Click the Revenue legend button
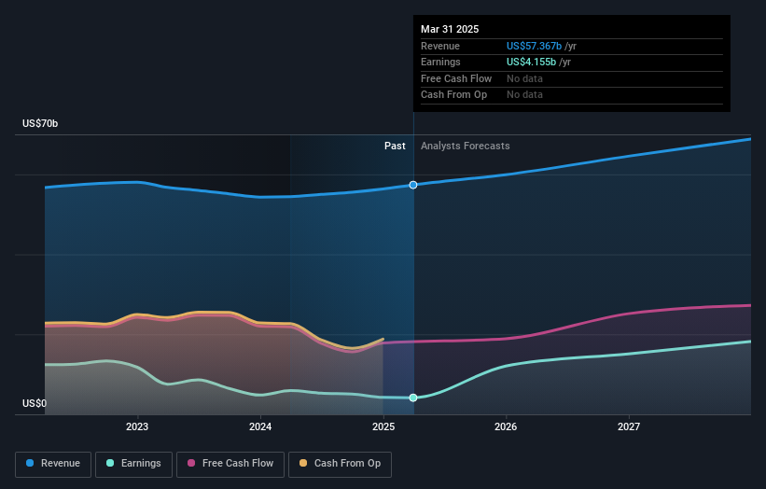[54, 463]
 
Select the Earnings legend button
[133, 463]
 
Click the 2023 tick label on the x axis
[137, 427]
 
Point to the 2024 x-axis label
[260, 427]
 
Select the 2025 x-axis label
[383, 427]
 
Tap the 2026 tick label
[506, 427]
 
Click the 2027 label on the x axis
[629, 427]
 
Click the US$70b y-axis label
[40, 124]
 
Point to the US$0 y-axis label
[35, 404]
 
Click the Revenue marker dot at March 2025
[413, 185]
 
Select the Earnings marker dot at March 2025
[413, 398]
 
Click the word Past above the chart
[395, 146]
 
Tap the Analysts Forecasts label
[466, 146]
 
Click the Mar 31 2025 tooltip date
[450, 29]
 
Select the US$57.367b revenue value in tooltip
[535, 46]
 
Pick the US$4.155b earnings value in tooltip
[531, 62]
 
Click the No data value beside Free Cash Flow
[524, 78]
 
